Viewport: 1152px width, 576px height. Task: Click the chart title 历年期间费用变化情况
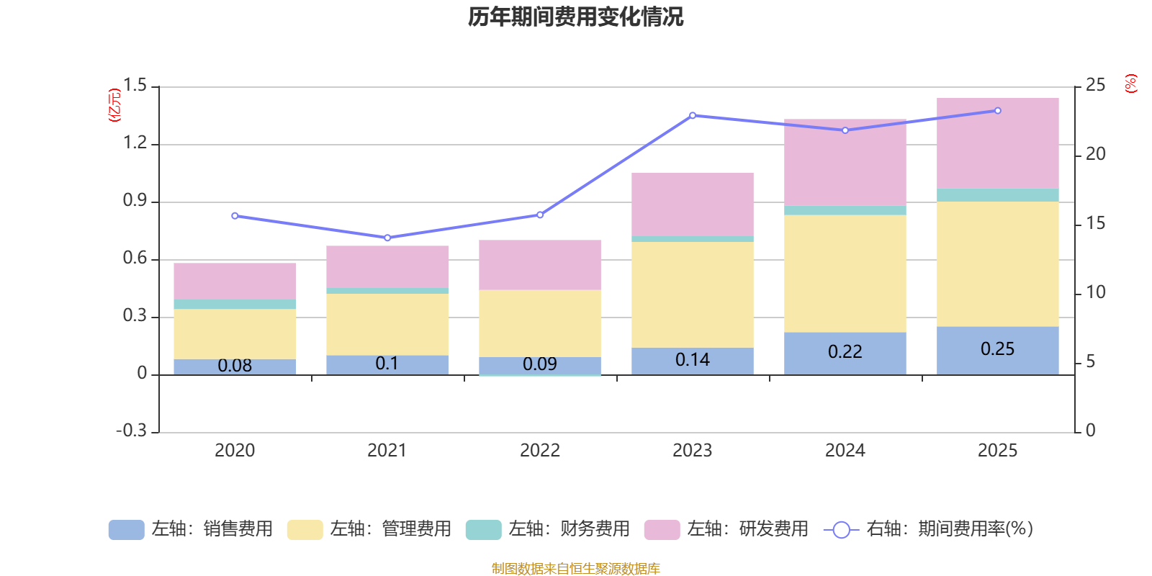[575, 17]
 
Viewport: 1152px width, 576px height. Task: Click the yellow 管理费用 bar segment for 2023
[692, 294]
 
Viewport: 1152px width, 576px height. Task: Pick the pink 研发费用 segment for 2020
[235, 281]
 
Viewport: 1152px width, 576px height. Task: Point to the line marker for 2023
[693, 115]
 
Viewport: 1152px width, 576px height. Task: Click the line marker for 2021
[387, 238]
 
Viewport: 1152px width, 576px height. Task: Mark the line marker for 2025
[997, 111]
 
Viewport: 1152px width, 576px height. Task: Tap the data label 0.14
[692, 360]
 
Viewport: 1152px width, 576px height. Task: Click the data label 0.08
[235, 366]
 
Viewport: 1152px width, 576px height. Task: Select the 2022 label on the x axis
[539, 451]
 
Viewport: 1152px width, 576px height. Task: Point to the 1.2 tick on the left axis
[135, 143]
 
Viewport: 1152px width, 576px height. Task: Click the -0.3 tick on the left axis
[131, 431]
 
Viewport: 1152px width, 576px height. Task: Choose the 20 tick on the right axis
[1095, 154]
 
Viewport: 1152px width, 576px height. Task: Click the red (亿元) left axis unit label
[114, 105]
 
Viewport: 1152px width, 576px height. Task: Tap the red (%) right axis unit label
[1130, 84]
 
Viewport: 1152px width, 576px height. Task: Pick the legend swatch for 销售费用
[126, 530]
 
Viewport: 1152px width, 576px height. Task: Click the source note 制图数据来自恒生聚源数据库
[575, 569]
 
